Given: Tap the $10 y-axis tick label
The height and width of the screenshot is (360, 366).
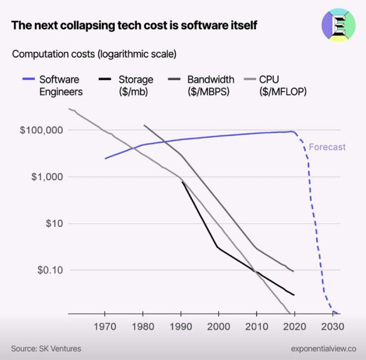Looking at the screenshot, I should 54,224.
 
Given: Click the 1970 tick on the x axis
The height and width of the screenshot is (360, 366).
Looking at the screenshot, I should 105,327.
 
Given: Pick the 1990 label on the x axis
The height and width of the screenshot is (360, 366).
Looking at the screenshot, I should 181,327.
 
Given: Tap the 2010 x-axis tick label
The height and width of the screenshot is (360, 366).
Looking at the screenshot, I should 257,327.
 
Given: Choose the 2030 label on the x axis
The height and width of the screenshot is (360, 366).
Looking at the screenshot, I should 333,327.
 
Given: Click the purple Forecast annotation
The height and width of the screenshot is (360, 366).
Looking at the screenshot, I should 327,147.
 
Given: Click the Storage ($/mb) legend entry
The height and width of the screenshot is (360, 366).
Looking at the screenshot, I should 136,86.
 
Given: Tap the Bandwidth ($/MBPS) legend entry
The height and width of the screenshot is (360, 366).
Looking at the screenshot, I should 210,86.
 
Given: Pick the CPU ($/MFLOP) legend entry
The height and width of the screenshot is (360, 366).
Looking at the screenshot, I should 282,86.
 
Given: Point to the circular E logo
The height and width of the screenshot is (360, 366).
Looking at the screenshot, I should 338,25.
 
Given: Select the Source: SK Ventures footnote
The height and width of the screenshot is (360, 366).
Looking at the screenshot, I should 46,348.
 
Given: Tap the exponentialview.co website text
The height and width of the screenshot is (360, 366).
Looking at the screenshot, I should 323,349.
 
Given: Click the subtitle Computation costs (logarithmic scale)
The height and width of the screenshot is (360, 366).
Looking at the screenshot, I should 94,54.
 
